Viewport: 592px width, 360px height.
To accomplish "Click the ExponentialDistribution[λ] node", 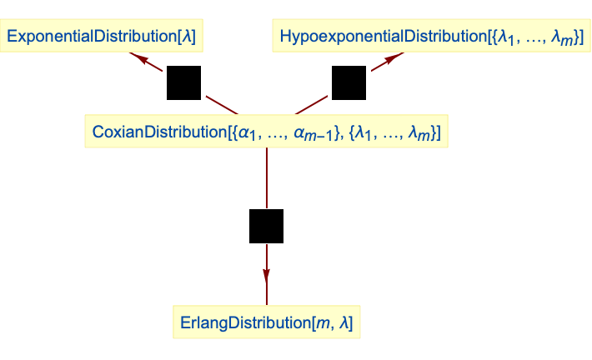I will click(106, 37).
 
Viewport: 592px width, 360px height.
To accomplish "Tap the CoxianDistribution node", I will click(266, 132).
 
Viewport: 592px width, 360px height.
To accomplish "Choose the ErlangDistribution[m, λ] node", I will click(266, 322).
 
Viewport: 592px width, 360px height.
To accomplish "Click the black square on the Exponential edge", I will click(183, 82).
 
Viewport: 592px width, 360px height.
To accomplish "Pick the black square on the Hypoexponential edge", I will click(349, 82).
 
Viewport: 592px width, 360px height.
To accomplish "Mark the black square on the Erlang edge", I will click(266, 226).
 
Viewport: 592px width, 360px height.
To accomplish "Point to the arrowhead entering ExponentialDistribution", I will click(137, 57).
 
